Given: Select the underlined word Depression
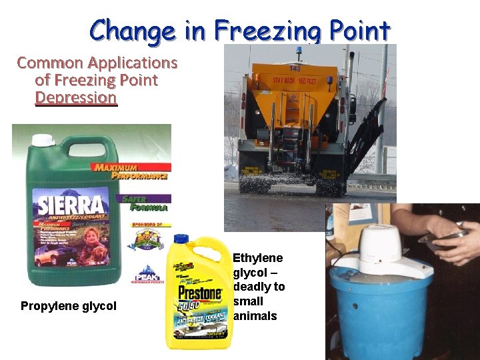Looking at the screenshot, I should [x=76, y=98].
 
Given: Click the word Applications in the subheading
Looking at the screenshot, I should [x=133, y=63].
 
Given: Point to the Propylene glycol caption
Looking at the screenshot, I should [x=69, y=306].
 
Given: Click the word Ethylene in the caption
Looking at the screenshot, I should [x=257, y=258].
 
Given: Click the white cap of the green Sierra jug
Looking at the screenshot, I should [x=44, y=140].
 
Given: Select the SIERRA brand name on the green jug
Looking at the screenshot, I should [x=71, y=204].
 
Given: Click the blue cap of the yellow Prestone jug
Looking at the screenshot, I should [x=180, y=239].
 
